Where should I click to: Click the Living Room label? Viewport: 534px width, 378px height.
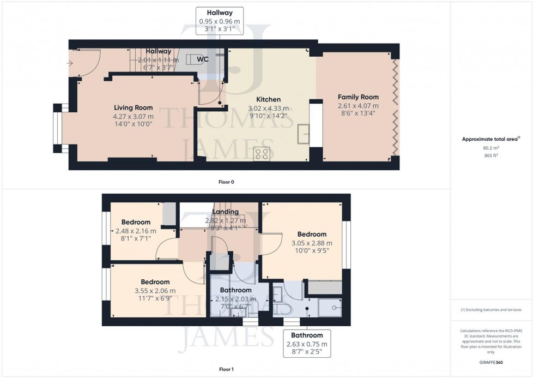[133, 107]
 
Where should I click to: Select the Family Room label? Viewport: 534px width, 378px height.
[358, 97]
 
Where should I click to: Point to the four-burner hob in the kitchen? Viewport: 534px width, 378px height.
[262, 153]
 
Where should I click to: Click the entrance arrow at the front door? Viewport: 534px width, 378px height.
[70, 63]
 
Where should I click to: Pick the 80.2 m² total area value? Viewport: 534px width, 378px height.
[491, 147]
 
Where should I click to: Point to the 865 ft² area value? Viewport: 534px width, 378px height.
[491, 155]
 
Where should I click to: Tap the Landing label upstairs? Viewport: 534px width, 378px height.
[225, 212]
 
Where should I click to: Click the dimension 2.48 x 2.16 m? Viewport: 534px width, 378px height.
[136, 230]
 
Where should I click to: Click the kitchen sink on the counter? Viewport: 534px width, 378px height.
[303, 134]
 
